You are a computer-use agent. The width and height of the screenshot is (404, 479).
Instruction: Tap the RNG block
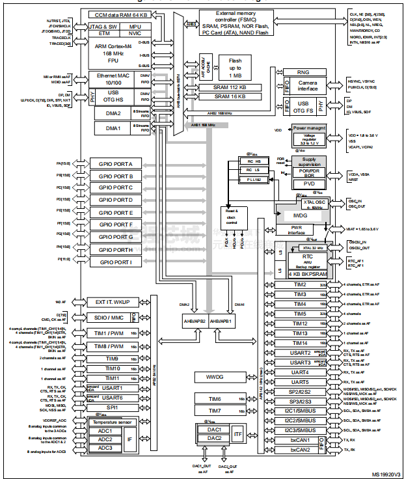tap(303, 72)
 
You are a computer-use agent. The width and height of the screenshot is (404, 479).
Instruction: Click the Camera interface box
tap(308, 86)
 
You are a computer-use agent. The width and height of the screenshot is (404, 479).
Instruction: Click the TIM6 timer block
tap(215, 399)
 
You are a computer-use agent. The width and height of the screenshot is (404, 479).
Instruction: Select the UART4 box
tap(299, 372)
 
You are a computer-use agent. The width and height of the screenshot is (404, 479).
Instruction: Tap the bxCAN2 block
tap(299, 450)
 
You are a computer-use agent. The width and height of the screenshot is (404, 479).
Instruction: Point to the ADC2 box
tap(105, 439)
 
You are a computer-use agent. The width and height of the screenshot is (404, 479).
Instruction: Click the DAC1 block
tap(214, 430)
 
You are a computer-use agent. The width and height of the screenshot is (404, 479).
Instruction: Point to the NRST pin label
tap(355, 180)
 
